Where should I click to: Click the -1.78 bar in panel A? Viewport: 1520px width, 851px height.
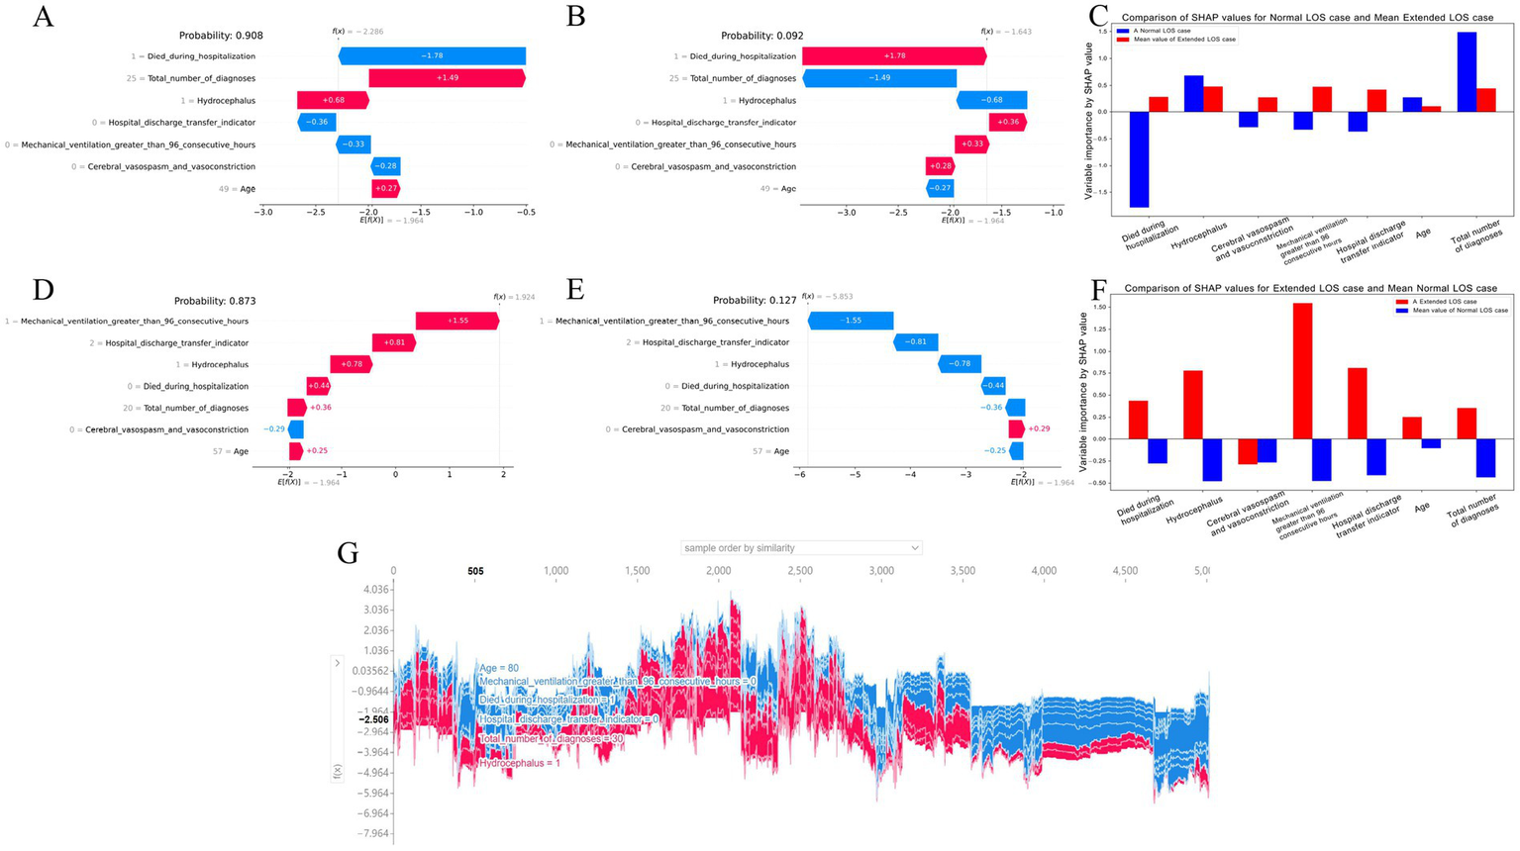(432, 56)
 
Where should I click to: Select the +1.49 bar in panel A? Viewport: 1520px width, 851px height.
(447, 78)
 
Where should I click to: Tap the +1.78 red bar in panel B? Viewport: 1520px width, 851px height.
(894, 56)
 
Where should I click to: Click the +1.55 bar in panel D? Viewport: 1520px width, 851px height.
(456, 321)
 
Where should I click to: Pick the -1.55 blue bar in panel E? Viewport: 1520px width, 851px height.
(851, 321)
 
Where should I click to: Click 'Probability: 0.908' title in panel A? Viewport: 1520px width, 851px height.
(221, 36)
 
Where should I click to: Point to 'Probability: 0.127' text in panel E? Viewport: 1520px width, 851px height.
(755, 301)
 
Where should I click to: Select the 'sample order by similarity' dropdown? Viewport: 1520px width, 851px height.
(801, 547)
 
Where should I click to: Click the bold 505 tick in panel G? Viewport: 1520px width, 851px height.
(475, 571)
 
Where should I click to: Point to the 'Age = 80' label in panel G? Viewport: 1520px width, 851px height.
(499, 669)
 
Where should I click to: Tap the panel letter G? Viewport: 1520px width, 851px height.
(348, 552)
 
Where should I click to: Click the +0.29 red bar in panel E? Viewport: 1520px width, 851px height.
(1016, 429)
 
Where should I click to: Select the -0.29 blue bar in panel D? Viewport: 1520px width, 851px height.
(295, 429)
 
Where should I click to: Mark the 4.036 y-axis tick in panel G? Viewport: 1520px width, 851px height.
(376, 590)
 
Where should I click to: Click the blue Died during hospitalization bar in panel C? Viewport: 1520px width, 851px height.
(1139, 158)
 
